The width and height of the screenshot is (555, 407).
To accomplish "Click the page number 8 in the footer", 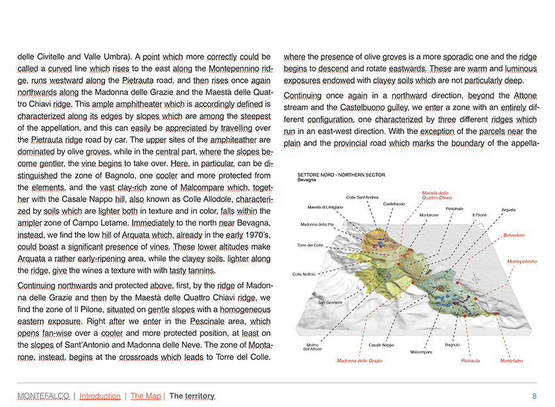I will tap(534, 396).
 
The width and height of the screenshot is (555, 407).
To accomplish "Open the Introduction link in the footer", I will tap(100, 396).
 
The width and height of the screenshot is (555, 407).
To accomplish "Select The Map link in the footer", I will tap(146, 396).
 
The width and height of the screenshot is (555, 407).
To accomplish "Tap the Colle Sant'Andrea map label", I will tap(362, 197).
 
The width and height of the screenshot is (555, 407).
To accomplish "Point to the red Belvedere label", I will tap(514, 235).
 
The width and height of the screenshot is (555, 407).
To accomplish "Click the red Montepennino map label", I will tap(522, 262).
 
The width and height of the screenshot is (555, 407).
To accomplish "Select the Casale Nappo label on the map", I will tap(381, 345).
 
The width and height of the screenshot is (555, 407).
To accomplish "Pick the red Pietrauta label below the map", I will tap(470, 361).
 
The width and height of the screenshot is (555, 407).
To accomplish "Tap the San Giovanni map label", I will tap(330, 303).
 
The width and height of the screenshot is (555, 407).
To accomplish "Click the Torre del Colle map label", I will tap(310, 245).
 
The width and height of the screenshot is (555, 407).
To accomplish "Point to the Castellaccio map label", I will tap(394, 203).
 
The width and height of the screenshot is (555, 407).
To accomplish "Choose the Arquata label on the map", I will tap(509, 209).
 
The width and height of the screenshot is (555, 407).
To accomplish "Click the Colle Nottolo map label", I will tap(304, 274).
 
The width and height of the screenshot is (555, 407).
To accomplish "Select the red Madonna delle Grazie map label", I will tap(359, 361).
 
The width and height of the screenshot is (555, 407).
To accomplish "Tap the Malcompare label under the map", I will tap(421, 352).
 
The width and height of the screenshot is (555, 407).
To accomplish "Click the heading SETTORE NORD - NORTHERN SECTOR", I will tap(341, 175).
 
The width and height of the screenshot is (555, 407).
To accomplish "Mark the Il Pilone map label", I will tap(479, 215).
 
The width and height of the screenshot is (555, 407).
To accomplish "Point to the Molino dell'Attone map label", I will tap(312, 347).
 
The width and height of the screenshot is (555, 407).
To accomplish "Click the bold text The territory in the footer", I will tap(192, 396).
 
